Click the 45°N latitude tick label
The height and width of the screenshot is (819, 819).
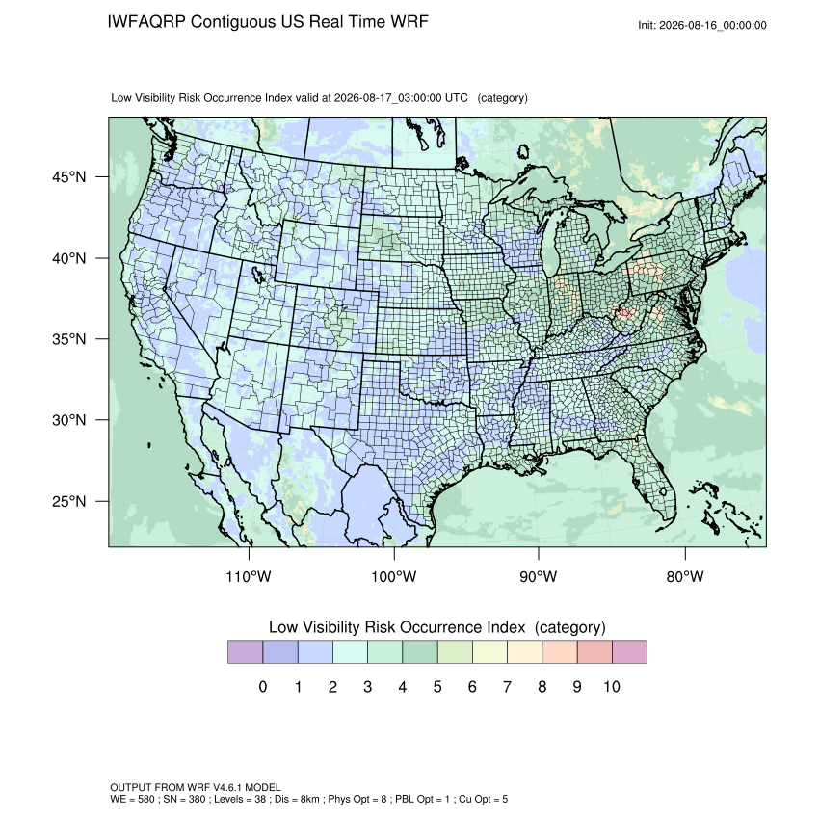(x=68, y=177)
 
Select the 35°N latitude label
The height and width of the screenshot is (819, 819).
(x=68, y=339)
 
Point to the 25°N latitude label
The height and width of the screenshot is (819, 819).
(x=68, y=501)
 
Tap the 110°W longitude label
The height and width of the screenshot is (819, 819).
(x=249, y=576)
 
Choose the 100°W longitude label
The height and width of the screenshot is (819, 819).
(x=394, y=576)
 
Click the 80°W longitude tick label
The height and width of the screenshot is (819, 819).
(x=685, y=576)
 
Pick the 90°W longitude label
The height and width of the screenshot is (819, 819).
(x=538, y=576)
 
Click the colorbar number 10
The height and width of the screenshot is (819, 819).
(x=612, y=686)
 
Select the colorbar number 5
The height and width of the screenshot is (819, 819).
(x=437, y=686)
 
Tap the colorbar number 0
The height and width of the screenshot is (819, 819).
(x=263, y=686)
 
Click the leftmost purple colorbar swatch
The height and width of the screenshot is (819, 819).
(x=245, y=652)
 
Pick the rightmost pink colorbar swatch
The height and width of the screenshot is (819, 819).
(x=629, y=652)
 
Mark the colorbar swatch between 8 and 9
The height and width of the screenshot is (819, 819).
(x=560, y=652)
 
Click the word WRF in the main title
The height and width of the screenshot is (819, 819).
(x=410, y=22)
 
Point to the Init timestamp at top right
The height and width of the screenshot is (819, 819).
(x=702, y=25)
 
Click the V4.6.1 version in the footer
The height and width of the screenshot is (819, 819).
(x=227, y=787)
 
